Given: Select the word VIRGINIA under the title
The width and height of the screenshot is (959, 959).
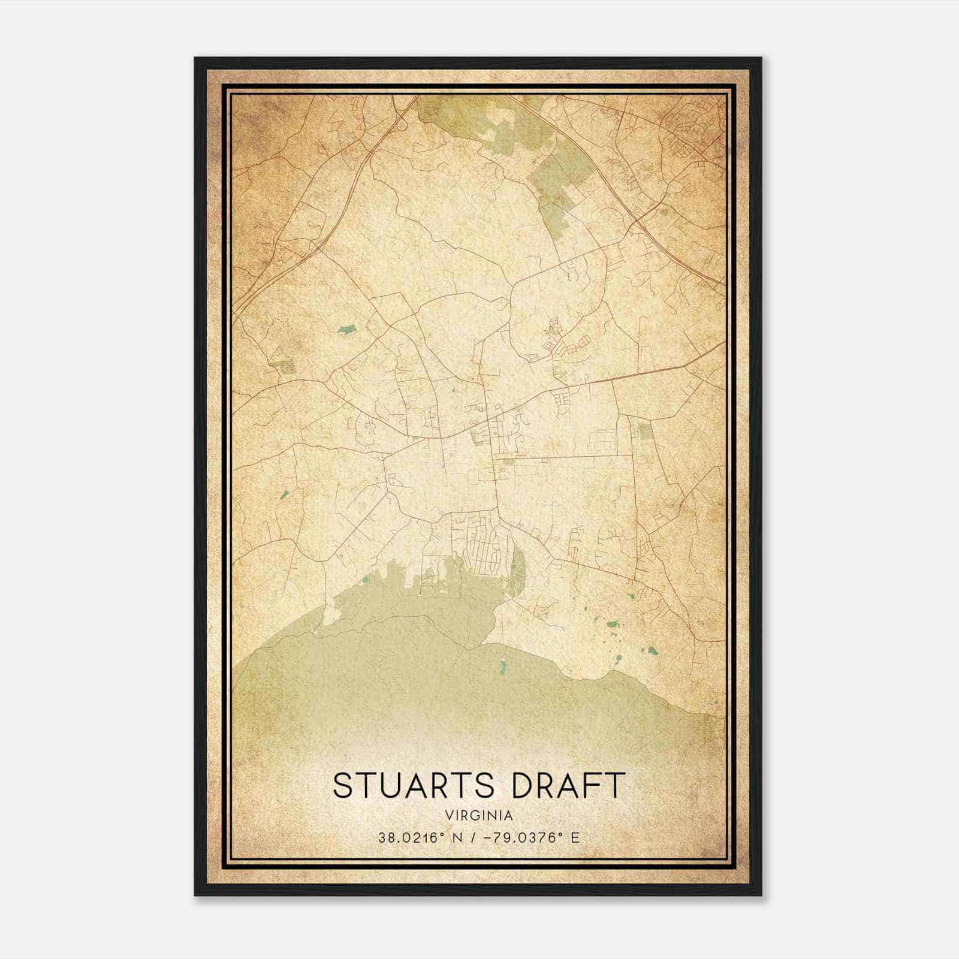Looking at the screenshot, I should click(479, 816).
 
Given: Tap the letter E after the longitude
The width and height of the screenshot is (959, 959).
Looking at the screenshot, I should click(575, 838).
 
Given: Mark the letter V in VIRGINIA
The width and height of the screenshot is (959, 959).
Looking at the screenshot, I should click(449, 816).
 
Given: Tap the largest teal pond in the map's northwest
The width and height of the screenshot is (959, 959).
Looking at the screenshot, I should click(346, 328).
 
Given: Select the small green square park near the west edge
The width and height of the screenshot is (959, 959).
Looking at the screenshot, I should click(287, 365).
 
